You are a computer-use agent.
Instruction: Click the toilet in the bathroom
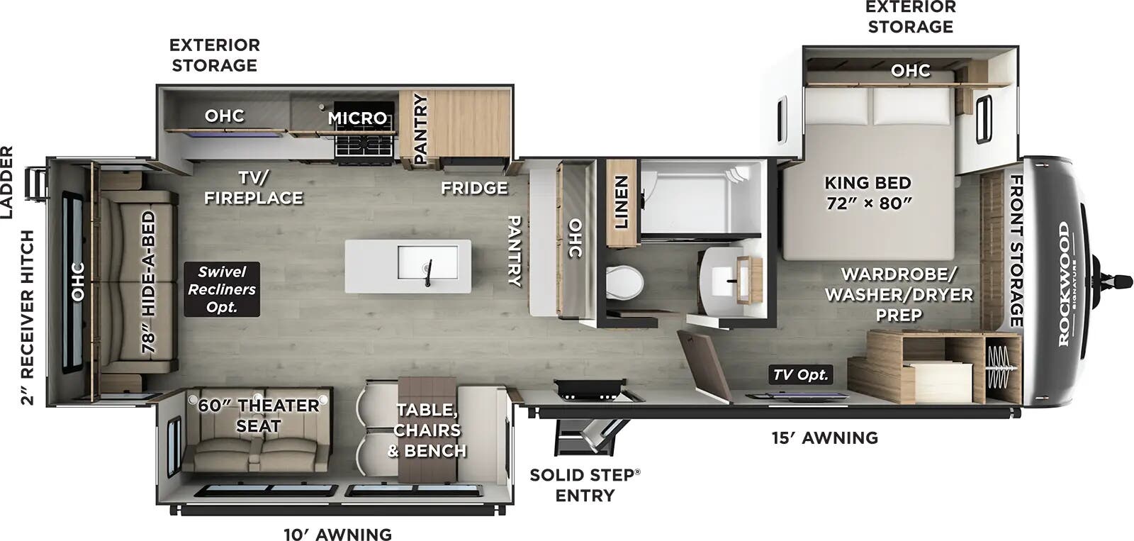click(624, 283)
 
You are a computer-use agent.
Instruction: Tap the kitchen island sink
click(428, 263)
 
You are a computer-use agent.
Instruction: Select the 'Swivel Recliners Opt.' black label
click(222, 289)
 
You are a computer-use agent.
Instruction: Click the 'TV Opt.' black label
click(801, 374)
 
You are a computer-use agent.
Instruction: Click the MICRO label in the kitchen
click(357, 118)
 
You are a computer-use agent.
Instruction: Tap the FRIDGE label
click(474, 188)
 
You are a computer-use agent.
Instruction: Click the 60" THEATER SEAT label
click(258, 415)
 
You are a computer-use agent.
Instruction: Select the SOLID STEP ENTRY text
click(585, 485)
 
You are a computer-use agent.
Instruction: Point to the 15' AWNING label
click(825, 437)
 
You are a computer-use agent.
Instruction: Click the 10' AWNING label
click(338, 534)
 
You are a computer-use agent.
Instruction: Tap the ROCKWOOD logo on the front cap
click(1064, 284)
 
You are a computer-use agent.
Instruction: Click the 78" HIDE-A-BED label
click(148, 286)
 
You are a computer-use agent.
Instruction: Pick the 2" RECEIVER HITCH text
click(27, 317)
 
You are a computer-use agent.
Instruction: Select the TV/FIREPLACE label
click(254, 187)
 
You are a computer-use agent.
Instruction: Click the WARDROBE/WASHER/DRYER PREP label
click(899, 294)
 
